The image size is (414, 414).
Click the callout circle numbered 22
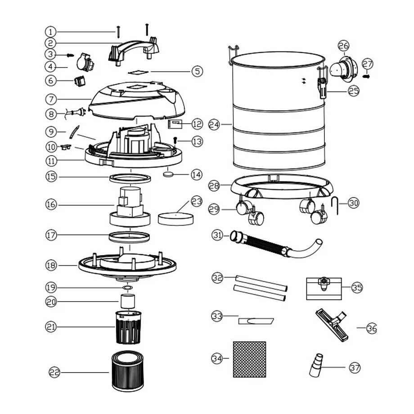pos(54,372)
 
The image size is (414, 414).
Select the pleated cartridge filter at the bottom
pos(128,371)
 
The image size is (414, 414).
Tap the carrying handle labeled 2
pos(133,50)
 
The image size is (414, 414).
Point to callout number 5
pos(197,71)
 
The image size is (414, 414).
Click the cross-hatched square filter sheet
pos(249,360)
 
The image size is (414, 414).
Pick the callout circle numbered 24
pos(214,124)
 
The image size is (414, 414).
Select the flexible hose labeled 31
pos(275,244)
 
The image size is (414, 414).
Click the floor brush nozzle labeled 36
pos(332,325)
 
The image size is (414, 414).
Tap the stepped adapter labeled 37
pos(316,365)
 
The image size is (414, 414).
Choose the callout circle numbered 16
pos(51,205)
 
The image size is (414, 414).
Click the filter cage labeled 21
pos(129,328)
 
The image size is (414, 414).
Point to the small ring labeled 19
pos(127,287)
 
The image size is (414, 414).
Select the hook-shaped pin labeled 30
pos(334,205)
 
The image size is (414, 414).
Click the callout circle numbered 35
pos(357,287)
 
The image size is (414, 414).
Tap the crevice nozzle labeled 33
pos(256,321)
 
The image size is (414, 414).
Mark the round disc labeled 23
pos(175,219)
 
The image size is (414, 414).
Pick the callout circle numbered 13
pos(197,141)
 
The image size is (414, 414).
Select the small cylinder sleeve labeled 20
pos(128,301)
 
